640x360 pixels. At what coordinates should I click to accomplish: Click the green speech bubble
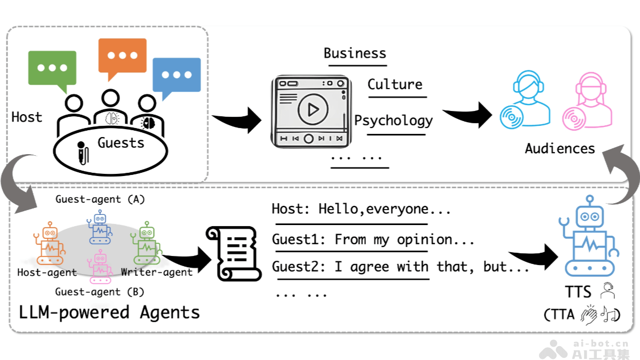(52, 69)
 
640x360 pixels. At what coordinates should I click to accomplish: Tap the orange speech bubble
(122, 55)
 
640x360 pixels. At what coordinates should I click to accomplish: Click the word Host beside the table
(27, 117)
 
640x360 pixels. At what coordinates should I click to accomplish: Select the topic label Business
(355, 53)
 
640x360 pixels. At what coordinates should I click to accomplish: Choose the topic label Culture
(395, 84)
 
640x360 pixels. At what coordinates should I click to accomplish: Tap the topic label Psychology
(394, 121)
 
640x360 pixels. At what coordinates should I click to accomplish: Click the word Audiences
(559, 148)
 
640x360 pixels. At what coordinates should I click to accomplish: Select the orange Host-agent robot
(50, 244)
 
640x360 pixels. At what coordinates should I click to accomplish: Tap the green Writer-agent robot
(145, 245)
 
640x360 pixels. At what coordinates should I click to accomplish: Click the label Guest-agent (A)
(100, 199)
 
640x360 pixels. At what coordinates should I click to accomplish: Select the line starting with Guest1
(373, 239)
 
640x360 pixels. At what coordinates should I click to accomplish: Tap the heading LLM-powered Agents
(109, 313)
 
